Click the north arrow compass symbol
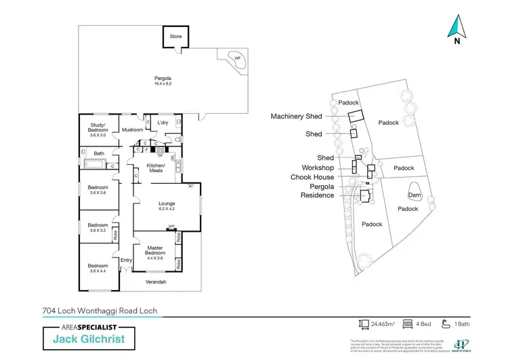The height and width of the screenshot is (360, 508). [x=457, y=28]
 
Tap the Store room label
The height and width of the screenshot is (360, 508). [x=176, y=37]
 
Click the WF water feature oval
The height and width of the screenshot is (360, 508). [x=237, y=58]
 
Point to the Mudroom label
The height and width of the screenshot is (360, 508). [x=132, y=129]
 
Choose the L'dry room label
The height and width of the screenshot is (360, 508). [x=163, y=123]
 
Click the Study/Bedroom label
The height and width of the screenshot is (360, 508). [x=99, y=128]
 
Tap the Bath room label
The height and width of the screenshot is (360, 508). [x=99, y=153]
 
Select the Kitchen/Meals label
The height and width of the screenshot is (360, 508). [x=156, y=167]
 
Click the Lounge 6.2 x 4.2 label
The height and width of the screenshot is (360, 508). [x=167, y=206]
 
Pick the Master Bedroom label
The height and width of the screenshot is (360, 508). [x=156, y=250]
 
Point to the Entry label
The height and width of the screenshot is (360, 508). [x=126, y=260]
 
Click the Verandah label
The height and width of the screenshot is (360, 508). [x=156, y=282]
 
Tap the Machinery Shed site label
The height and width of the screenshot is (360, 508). [x=296, y=117]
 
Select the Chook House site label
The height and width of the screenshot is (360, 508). [x=311, y=176]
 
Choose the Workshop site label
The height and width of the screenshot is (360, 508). [x=318, y=167]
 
